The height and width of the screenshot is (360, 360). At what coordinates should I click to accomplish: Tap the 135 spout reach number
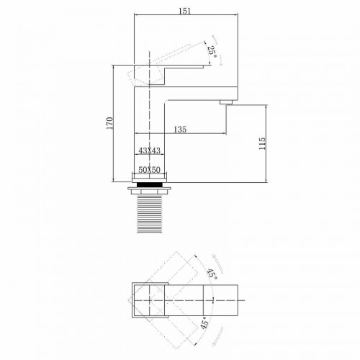180,130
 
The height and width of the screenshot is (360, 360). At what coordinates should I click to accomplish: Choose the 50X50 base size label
150,169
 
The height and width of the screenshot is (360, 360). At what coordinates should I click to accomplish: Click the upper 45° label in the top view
213,274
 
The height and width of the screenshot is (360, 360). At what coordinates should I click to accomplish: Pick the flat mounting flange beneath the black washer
150,191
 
